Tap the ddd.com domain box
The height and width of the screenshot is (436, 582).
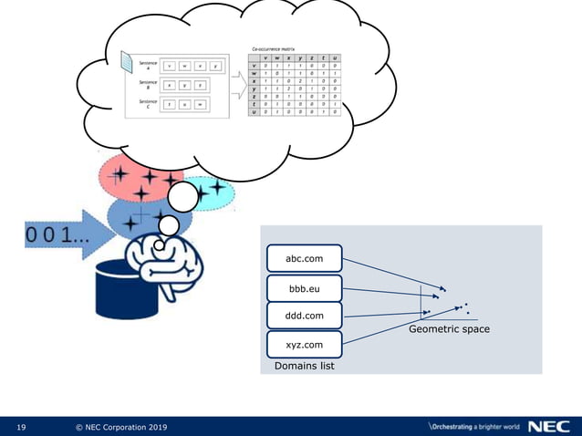[x=303, y=316]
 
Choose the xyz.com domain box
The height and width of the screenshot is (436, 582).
[x=303, y=346]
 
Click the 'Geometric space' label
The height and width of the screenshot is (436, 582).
[x=449, y=328]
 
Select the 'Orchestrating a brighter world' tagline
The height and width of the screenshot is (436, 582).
[x=473, y=427]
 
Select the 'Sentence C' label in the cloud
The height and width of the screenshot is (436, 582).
[x=148, y=103]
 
